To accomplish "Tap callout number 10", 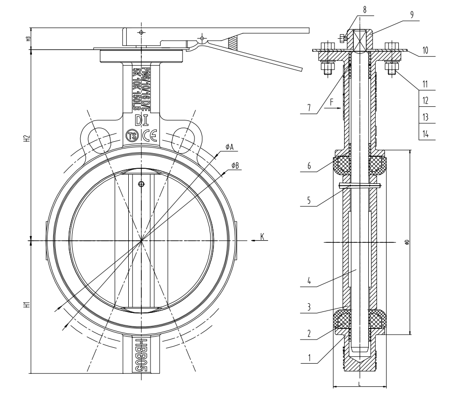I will (x=424, y=50).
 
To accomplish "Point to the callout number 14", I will (x=425, y=133).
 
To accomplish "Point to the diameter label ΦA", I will (x=229, y=147).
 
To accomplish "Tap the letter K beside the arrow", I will (x=262, y=236).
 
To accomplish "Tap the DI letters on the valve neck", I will (x=142, y=119).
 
